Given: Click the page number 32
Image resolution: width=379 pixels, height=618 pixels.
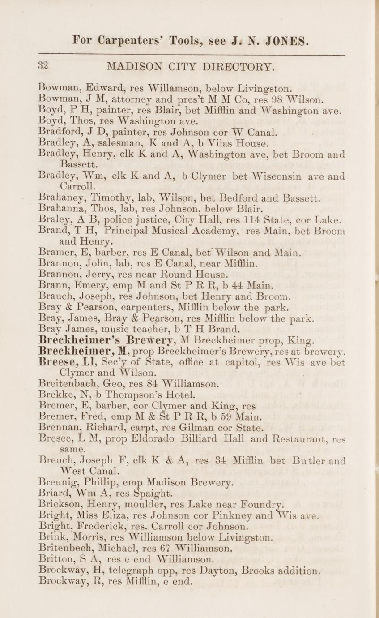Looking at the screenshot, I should (43, 66).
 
